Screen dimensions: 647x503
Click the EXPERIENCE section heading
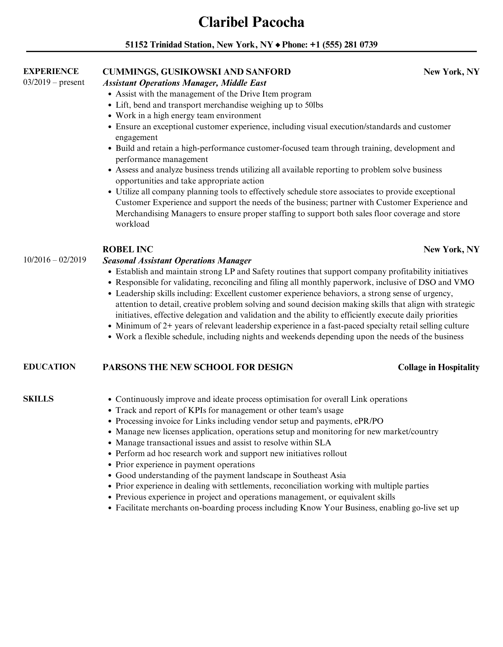point(51,72)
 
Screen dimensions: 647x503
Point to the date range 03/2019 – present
point(54,82)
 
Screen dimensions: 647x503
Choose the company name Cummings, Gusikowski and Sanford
point(196,72)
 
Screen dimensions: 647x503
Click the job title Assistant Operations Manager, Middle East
point(184,83)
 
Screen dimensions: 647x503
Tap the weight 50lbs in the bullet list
point(314,105)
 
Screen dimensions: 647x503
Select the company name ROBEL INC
point(128,249)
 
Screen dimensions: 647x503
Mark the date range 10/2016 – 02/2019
point(55,260)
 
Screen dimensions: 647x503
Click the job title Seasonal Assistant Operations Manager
point(177,261)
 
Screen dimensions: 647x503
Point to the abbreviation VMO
point(464,282)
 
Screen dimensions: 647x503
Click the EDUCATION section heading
point(49,367)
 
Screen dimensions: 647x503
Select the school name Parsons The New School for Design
point(198,367)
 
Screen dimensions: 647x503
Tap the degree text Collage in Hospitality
point(439,367)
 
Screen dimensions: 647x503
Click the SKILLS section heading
point(38,399)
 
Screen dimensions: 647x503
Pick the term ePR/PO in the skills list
point(368,421)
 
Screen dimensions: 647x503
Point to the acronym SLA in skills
point(323,443)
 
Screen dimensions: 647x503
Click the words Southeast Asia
point(319,475)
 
